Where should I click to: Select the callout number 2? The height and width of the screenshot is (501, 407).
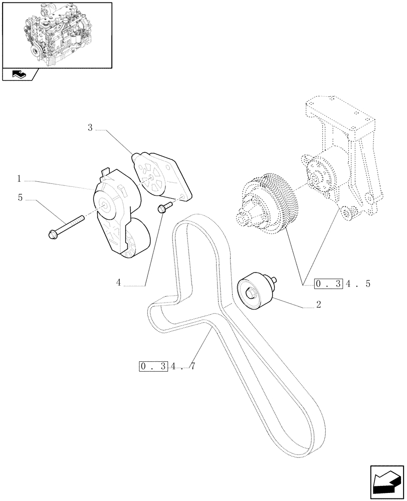(x=318, y=304)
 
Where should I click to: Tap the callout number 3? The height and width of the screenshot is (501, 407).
(x=90, y=128)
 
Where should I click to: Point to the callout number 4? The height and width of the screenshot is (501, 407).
(x=119, y=283)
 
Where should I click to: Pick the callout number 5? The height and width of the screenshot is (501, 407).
(x=21, y=198)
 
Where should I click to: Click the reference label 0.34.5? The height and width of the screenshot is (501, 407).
(x=342, y=284)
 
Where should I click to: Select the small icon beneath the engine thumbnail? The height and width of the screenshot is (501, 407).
(x=20, y=75)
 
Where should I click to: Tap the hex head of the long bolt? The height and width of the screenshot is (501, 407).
(x=52, y=234)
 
